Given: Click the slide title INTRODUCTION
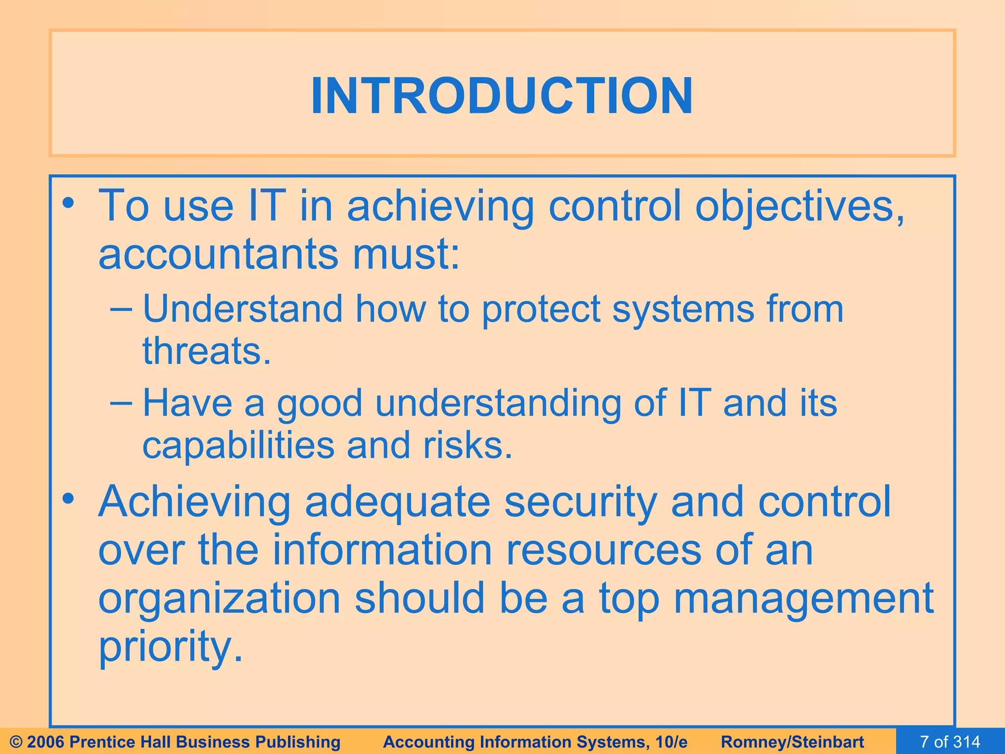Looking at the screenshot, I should coord(502,96).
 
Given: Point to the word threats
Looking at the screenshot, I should coord(206,351).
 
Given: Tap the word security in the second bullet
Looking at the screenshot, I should coord(581,502).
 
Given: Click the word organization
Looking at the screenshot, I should coord(219,599).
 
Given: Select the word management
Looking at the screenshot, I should coord(803,599).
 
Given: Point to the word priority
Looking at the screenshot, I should coord(170,647).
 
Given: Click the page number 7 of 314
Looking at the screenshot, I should coord(950,742).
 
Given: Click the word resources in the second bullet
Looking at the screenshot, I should coord(604,550).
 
